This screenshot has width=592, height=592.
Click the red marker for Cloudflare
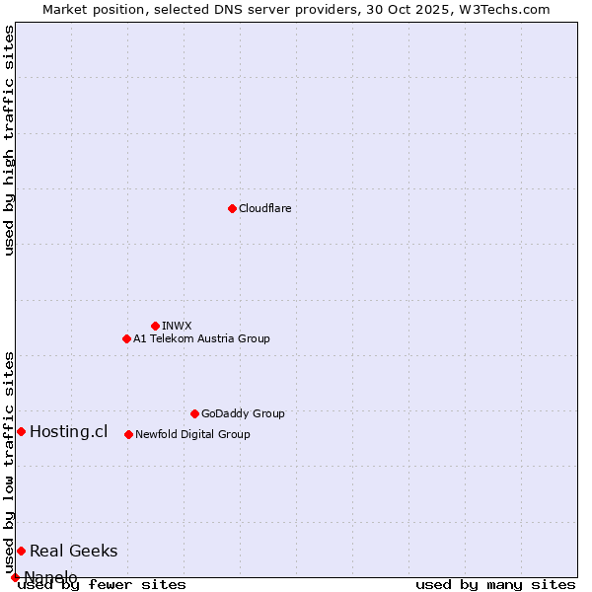click(x=232, y=208)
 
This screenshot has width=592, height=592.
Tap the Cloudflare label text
click(x=264, y=208)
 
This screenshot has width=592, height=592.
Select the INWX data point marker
click(x=155, y=326)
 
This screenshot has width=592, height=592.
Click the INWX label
click(x=177, y=326)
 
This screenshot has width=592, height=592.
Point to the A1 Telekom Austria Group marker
click(x=126, y=338)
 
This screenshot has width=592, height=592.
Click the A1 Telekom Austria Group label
click(x=201, y=338)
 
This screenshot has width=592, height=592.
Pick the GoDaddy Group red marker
click(x=194, y=413)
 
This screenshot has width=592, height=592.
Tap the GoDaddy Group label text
click(x=243, y=413)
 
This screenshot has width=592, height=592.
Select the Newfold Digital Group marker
click(x=128, y=434)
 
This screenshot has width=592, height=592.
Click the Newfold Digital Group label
click(x=192, y=434)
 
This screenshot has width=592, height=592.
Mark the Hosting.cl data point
click(x=21, y=431)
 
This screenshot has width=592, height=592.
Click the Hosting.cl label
click(x=68, y=431)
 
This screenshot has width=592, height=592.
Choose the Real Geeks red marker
click(x=21, y=551)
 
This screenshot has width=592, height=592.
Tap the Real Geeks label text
click(x=73, y=551)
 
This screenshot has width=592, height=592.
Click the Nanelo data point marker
click(x=15, y=577)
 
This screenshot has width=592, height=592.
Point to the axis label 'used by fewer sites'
click(x=102, y=585)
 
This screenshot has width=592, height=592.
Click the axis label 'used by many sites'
click(x=495, y=585)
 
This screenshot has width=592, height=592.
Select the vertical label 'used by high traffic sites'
click(x=9, y=140)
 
